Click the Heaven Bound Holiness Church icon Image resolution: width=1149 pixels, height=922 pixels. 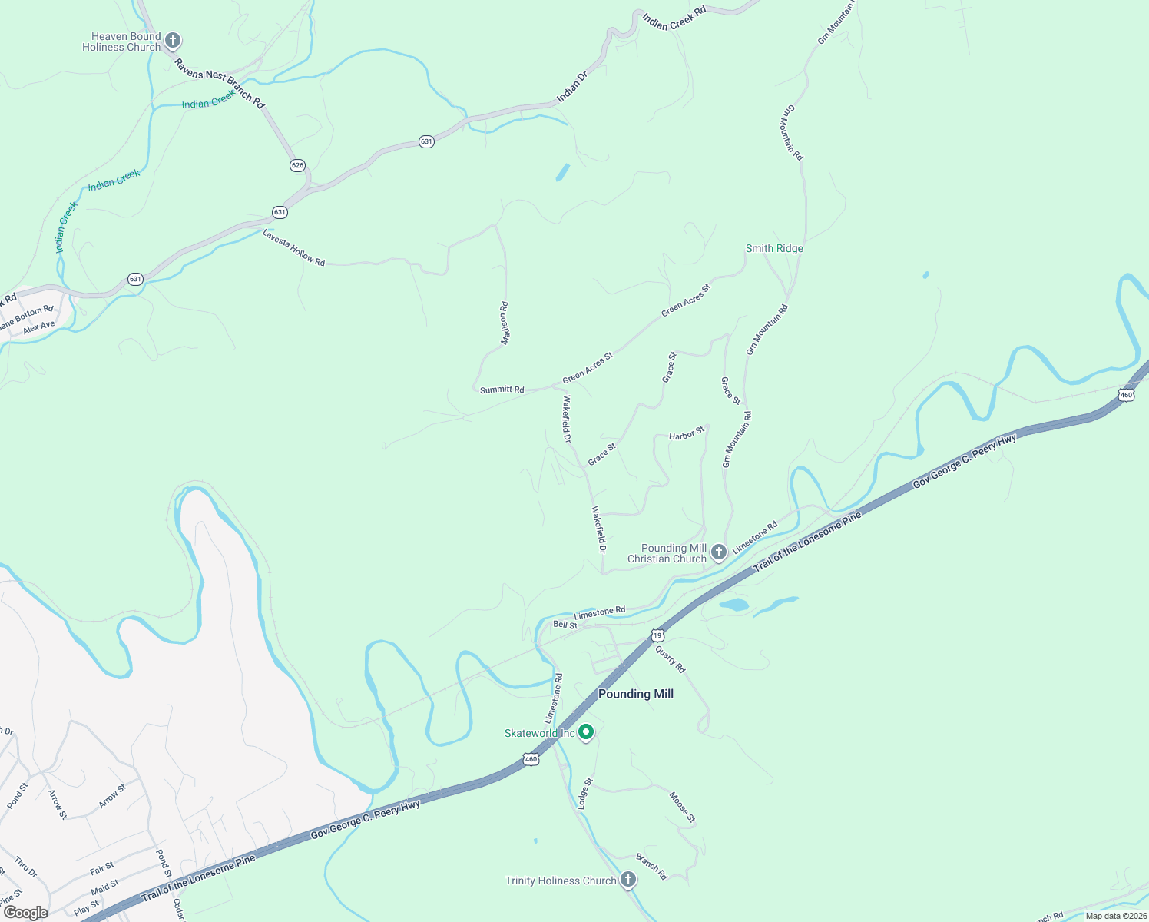[x=173, y=40]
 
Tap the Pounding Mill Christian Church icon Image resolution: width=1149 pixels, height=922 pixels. [x=718, y=552]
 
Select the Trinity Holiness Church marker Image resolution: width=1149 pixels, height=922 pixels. [x=628, y=880]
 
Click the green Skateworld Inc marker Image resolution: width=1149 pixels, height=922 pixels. [x=586, y=733]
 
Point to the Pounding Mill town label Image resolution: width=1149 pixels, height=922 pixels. [x=635, y=694]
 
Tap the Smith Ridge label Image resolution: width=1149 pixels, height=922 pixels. [x=774, y=248]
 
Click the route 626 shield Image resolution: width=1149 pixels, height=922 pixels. [x=298, y=165]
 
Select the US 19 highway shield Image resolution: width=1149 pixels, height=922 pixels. [x=657, y=635]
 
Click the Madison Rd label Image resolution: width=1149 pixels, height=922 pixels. [x=505, y=323]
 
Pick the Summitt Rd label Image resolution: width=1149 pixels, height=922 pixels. [x=502, y=390]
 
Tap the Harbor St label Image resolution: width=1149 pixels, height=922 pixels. [x=686, y=435]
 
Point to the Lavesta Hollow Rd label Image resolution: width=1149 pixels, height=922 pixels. [x=293, y=247]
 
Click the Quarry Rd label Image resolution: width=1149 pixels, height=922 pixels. [x=670, y=658]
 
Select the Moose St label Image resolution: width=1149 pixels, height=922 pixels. [x=682, y=808]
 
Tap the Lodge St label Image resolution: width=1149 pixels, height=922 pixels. [x=585, y=794]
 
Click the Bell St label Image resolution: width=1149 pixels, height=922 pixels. [x=565, y=625]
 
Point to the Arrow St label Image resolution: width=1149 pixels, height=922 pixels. [x=112, y=797]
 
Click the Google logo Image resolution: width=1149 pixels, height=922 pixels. [x=25, y=913]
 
